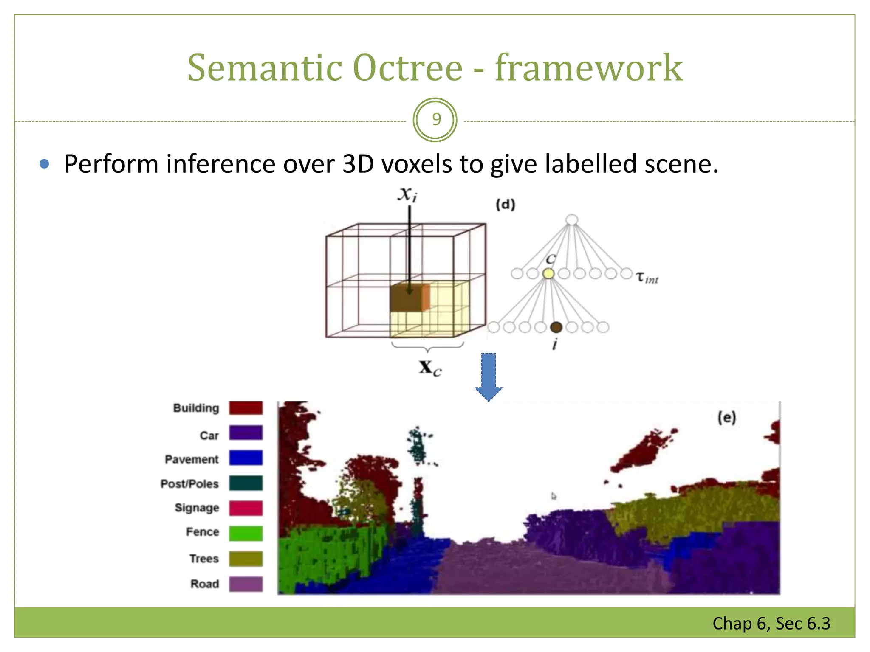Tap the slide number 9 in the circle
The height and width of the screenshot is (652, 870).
point(436,120)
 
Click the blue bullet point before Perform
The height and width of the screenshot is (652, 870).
point(44,164)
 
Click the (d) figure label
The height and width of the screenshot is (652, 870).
point(506,205)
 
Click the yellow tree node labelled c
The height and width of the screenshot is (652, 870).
point(548,274)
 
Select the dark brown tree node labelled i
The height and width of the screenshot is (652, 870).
point(556,327)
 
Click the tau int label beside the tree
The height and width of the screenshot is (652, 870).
point(647,278)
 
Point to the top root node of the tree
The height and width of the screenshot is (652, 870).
point(572,220)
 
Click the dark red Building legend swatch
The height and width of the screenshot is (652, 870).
point(246,408)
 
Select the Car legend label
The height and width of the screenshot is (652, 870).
point(209,436)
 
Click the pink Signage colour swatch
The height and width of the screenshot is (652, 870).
point(246,508)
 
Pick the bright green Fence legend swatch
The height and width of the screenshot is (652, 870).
point(246,533)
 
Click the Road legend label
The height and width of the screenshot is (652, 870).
point(204,584)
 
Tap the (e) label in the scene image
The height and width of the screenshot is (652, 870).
point(726,418)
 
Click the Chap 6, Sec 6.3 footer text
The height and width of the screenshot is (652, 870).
point(771,624)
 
